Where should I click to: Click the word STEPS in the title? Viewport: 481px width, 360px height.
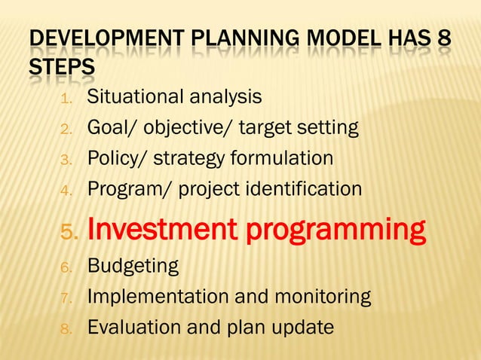tap(62, 68)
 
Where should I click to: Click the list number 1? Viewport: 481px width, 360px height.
tap(66, 99)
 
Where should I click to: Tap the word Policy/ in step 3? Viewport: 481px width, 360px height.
tap(112, 159)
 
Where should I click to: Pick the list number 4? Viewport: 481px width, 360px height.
tap(66, 191)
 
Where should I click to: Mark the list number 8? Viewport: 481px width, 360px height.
tap(66, 329)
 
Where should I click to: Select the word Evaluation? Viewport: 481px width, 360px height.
tap(134, 328)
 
